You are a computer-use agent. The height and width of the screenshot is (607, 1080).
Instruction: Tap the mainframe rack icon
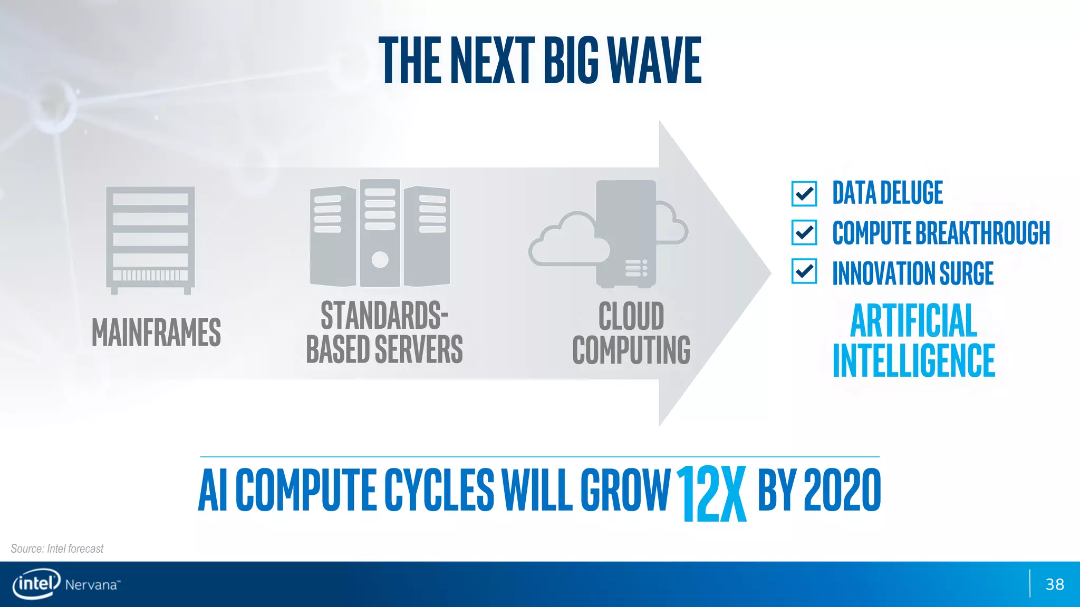pyautogui.click(x=150, y=240)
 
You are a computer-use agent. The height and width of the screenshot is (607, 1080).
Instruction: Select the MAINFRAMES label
pyautogui.click(x=156, y=332)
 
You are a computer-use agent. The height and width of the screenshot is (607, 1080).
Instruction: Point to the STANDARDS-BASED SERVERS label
pyautogui.click(x=384, y=332)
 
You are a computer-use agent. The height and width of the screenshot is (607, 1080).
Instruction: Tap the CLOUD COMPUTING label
pyautogui.click(x=631, y=333)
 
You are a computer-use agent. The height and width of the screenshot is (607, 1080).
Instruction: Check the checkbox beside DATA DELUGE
pyautogui.click(x=804, y=193)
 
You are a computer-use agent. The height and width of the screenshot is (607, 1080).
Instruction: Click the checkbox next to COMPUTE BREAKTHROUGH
pyautogui.click(x=804, y=232)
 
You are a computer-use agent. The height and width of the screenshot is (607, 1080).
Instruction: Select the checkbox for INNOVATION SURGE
pyautogui.click(x=804, y=271)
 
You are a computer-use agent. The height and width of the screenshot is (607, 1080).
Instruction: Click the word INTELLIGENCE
pyautogui.click(x=914, y=360)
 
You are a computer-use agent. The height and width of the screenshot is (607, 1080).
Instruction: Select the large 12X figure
pyautogui.click(x=711, y=493)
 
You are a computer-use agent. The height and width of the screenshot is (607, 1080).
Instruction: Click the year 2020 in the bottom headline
pyautogui.click(x=842, y=491)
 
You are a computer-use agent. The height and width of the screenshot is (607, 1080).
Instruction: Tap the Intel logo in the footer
pyautogui.click(x=36, y=584)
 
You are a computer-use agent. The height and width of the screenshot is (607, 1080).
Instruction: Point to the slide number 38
pyautogui.click(x=1055, y=584)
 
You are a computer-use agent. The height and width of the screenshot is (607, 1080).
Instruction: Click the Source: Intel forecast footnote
pyautogui.click(x=57, y=549)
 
